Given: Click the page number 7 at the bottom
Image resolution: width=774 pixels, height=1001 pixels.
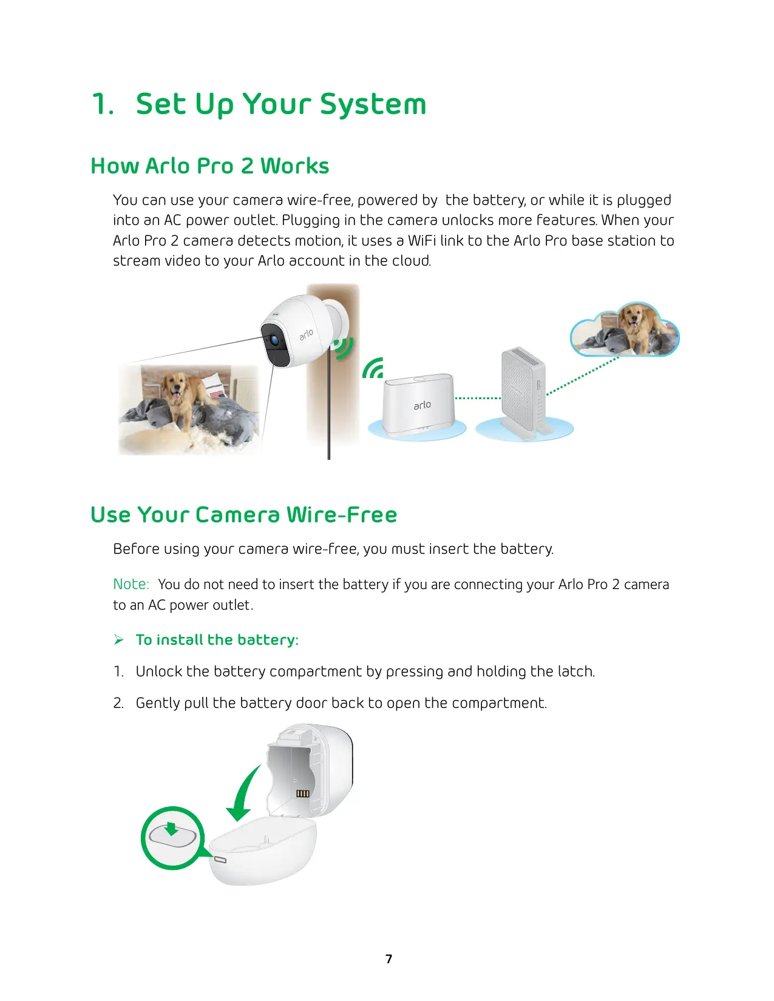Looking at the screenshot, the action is point(389,959).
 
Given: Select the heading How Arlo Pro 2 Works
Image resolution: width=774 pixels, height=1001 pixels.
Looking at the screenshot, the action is point(210,166).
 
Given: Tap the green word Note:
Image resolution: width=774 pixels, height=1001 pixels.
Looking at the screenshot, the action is point(131,584).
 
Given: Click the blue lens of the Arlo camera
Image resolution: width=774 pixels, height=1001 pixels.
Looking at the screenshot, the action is point(275,340).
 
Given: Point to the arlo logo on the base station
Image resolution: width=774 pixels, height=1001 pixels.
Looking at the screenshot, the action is point(423,405).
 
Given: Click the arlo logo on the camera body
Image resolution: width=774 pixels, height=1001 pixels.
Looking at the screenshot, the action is point(306,334).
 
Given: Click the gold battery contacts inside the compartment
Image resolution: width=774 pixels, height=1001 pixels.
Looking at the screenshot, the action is point(302,794).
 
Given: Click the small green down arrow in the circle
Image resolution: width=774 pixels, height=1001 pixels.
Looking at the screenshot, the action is point(171,828).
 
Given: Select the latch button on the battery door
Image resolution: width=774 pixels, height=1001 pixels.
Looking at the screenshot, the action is point(220,860).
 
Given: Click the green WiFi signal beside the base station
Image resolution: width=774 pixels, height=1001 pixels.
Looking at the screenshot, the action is point(373,368).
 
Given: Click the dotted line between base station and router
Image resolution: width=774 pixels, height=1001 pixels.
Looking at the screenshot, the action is point(478,398).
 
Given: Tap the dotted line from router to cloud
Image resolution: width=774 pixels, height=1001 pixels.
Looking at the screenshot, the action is point(582,376).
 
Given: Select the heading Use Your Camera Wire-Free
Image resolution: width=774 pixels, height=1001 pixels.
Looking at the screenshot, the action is point(244,514).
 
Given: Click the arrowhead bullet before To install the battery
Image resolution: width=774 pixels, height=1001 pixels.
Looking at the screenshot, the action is point(118,639).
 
